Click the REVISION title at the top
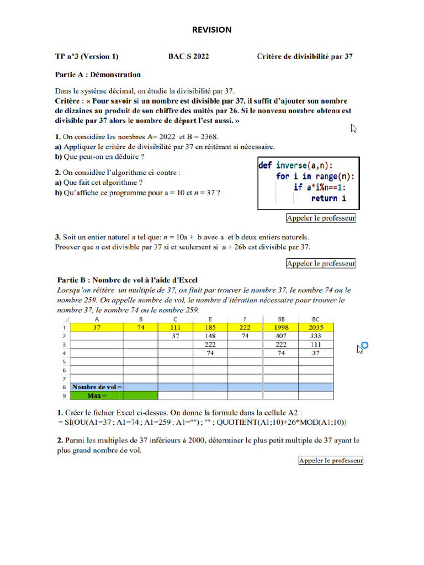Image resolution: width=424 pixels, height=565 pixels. click(x=212, y=30)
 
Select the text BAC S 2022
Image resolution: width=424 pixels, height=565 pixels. click(x=189, y=56)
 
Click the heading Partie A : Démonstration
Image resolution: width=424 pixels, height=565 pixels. click(x=98, y=74)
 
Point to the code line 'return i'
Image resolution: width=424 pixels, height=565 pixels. click(x=328, y=198)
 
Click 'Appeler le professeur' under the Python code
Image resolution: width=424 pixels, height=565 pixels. click(x=321, y=218)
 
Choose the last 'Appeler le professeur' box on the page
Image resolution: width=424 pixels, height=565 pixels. click(x=331, y=460)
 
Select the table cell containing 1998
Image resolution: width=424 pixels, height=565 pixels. click(x=282, y=327)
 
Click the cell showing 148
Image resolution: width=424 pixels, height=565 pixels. click(x=209, y=335)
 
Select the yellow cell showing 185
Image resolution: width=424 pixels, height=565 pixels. click(x=209, y=327)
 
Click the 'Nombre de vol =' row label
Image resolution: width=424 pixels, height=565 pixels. click(x=97, y=387)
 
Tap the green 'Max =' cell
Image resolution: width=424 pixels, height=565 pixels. click(x=97, y=396)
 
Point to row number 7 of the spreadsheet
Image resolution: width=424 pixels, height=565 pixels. click(x=64, y=379)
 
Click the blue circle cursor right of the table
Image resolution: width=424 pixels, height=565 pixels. click(x=364, y=346)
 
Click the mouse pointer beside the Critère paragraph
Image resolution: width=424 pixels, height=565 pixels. click(x=354, y=128)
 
